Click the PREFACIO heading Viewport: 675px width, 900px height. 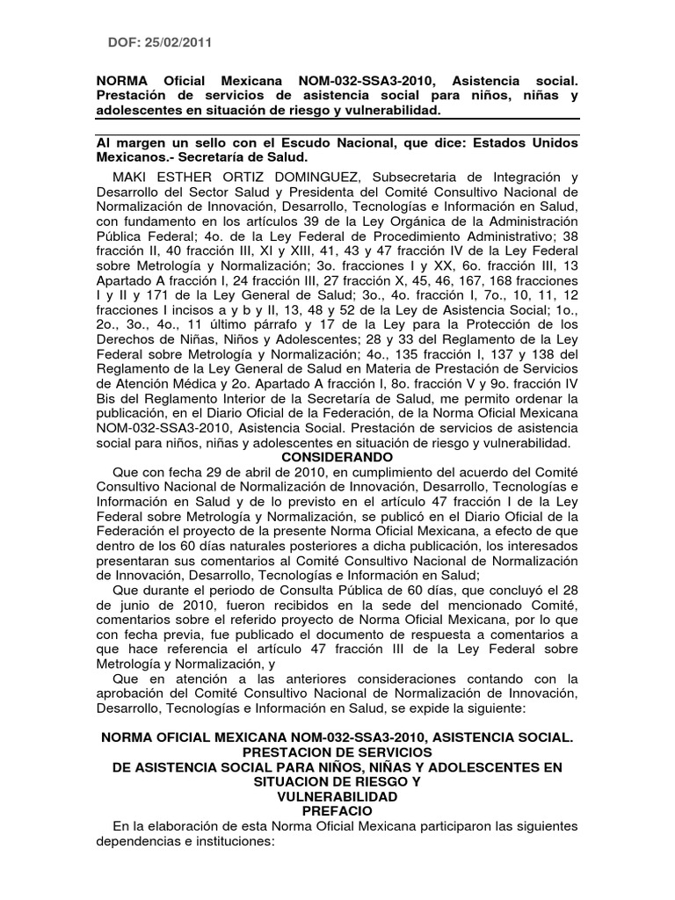337,810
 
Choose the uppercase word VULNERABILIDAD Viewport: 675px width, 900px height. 337,796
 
